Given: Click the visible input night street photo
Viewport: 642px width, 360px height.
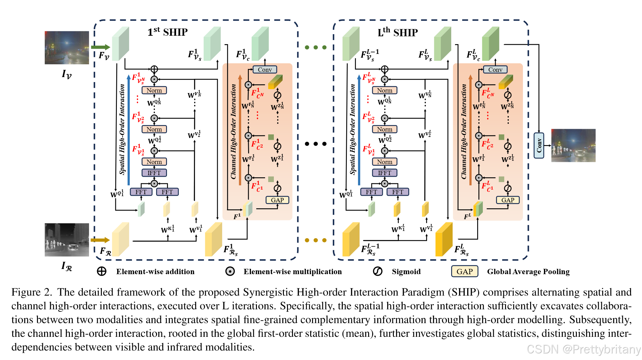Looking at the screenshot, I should click(x=66, y=48).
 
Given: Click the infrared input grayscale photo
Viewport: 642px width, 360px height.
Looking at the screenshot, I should click(x=66, y=240).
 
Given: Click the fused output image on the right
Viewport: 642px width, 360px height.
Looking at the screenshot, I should click(x=573, y=145).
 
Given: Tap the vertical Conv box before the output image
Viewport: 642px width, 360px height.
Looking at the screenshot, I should click(x=539, y=145).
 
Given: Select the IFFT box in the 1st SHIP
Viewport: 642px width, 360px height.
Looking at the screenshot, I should click(x=154, y=173).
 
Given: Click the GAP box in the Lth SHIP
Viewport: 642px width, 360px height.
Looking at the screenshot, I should click(x=508, y=200).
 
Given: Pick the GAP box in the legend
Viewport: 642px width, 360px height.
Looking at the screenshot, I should click(x=464, y=271).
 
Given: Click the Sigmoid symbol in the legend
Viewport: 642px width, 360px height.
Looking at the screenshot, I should click(x=378, y=271).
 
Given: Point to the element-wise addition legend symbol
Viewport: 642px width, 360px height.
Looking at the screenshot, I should click(x=102, y=271).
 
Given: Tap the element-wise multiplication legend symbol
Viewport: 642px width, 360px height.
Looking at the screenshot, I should click(x=230, y=271).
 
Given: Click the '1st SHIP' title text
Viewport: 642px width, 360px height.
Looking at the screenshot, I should click(x=168, y=32).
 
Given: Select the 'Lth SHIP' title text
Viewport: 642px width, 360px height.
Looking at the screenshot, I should click(x=398, y=32).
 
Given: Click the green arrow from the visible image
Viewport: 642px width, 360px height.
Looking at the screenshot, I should click(x=100, y=47).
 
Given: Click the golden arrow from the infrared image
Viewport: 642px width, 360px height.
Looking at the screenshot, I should click(x=100, y=240).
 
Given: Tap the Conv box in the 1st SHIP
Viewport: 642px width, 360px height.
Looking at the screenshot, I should click(x=265, y=70).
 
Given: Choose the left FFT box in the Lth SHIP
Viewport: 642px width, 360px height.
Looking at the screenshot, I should click(x=371, y=192).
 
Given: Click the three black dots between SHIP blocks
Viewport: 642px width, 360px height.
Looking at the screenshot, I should click(x=316, y=144).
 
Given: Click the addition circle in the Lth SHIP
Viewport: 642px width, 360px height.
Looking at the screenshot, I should click(x=385, y=69).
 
